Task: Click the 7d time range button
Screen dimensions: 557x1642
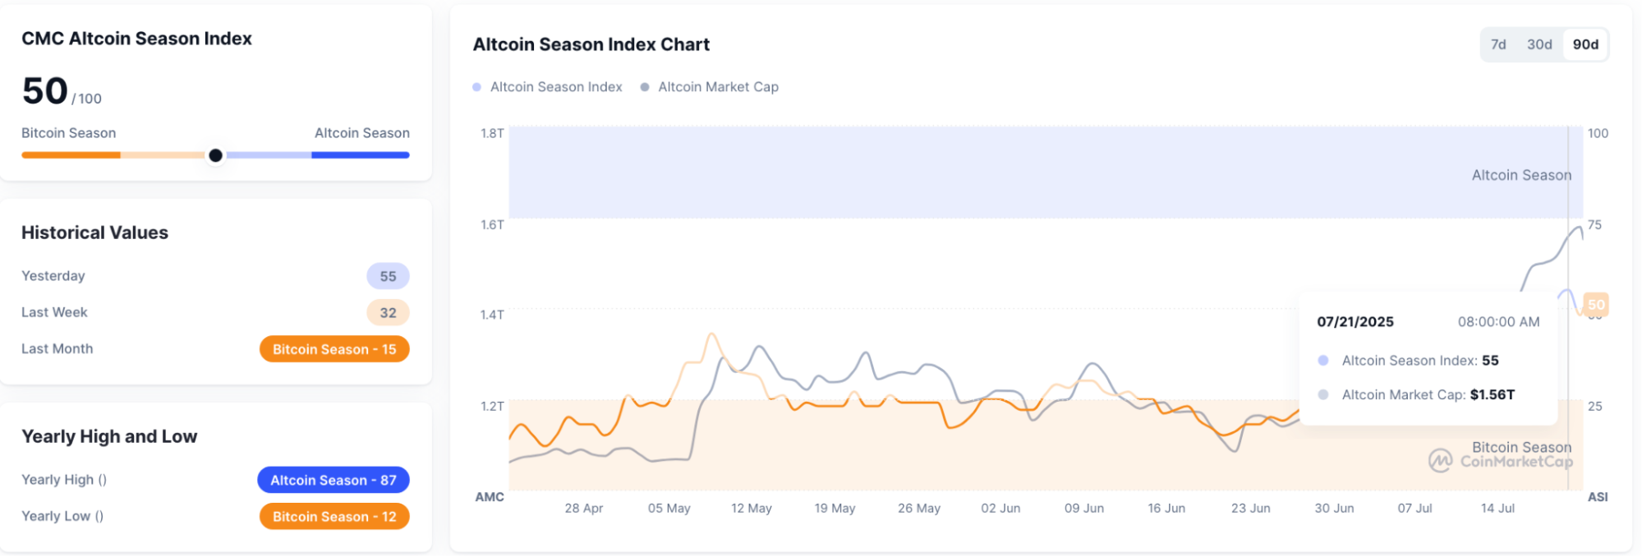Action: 1498,44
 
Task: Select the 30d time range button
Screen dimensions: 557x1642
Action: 1539,44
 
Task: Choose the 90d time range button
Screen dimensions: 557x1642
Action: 1585,44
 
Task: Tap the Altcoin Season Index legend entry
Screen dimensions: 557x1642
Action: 555,87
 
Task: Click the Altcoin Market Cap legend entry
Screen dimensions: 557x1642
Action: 717,87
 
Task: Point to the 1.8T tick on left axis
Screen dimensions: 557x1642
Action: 492,133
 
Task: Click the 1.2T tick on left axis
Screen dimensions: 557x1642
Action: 492,406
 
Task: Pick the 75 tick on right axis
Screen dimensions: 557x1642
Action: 1594,224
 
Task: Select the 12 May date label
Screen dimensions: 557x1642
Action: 752,509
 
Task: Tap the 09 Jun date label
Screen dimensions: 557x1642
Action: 1084,509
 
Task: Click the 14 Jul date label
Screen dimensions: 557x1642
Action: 1497,509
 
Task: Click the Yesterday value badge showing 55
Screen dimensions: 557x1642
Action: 388,277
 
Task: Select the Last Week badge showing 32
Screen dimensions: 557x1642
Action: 388,313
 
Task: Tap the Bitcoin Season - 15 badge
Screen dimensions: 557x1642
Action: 334,349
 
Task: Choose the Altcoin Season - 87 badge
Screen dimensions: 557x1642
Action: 333,481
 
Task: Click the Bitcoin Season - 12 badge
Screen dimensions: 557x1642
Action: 334,517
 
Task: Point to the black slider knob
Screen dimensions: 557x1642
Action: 215,155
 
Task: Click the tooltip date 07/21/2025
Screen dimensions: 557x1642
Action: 1355,322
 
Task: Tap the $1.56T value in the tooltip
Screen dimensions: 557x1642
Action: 1493,395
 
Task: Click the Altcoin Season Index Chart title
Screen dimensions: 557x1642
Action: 591,44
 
